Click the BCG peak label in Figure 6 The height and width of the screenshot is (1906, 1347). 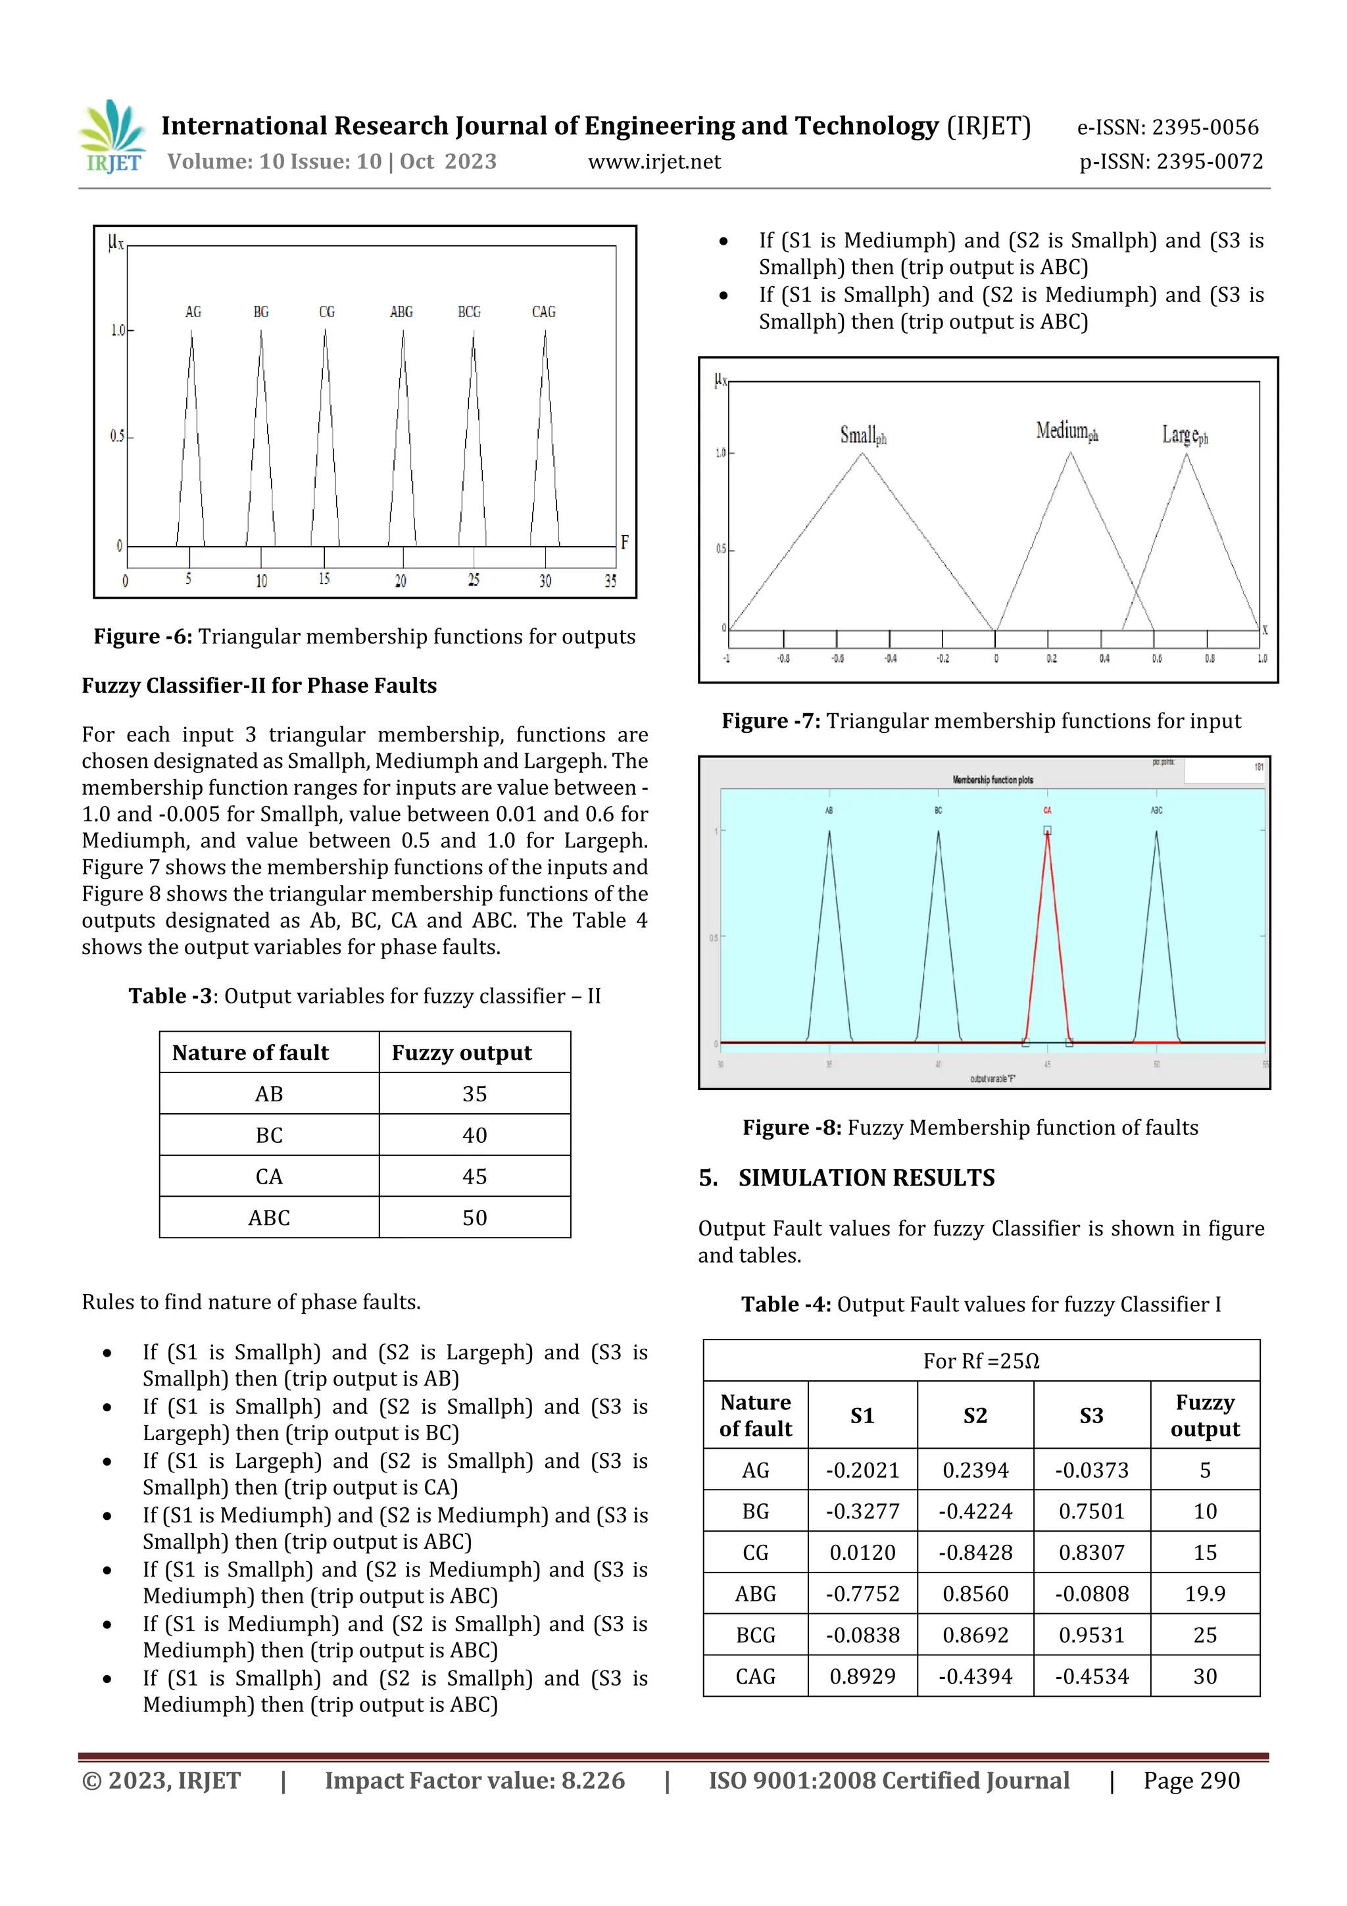pyautogui.click(x=469, y=312)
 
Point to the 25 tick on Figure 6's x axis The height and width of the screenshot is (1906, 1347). pyautogui.click(x=473, y=580)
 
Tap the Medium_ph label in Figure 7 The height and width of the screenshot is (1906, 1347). pyautogui.click(x=1066, y=431)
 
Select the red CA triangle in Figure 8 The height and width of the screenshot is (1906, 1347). pyautogui.click(x=1047, y=938)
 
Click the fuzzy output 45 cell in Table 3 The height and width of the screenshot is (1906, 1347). pyautogui.click(x=474, y=1176)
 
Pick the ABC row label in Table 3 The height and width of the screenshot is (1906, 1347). pyautogui.click(x=269, y=1218)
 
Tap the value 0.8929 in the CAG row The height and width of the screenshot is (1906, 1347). pyautogui.click(x=862, y=1676)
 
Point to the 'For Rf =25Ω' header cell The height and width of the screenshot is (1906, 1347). pyautogui.click(x=981, y=1361)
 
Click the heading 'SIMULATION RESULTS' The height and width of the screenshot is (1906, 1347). pyautogui.click(x=866, y=1178)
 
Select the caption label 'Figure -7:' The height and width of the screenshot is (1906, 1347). pyautogui.click(x=771, y=720)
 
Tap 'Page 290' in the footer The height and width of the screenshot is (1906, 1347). pyautogui.click(x=1191, y=1780)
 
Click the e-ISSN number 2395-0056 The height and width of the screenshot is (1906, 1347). pyautogui.click(x=1204, y=127)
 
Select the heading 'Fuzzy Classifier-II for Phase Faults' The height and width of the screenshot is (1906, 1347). pyautogui.click(x=259, y=686)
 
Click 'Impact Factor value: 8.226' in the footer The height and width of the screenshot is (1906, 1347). pyautogui.click(x=474, y=1780)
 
